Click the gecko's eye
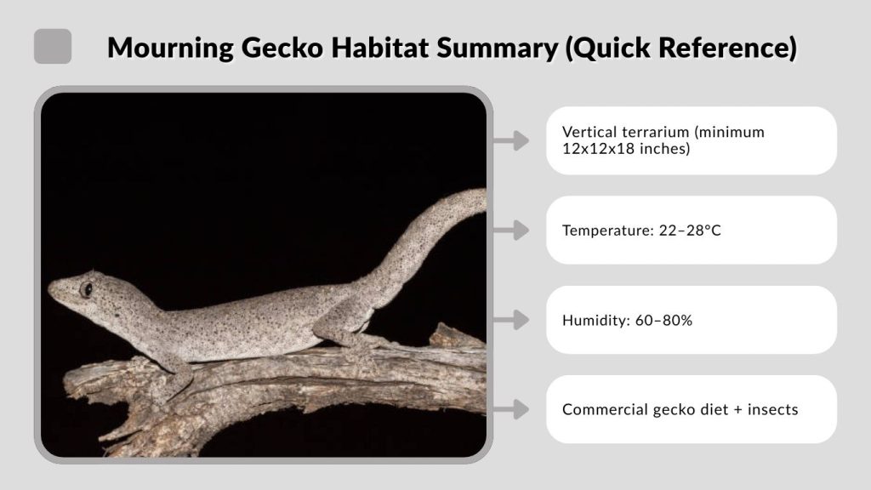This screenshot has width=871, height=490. point(86,289)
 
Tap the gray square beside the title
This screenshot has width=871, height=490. point(53,46)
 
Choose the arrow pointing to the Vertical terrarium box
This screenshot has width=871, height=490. point(511,140)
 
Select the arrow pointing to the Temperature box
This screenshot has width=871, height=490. point(511,230)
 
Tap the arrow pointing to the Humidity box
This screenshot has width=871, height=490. point(511,320)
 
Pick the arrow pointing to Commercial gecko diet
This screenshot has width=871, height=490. point(511,409)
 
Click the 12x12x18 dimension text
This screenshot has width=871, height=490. point(596,149)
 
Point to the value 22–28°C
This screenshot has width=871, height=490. point(690,231)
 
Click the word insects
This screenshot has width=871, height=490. point(772,409)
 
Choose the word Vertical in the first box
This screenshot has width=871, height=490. point(589,133)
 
